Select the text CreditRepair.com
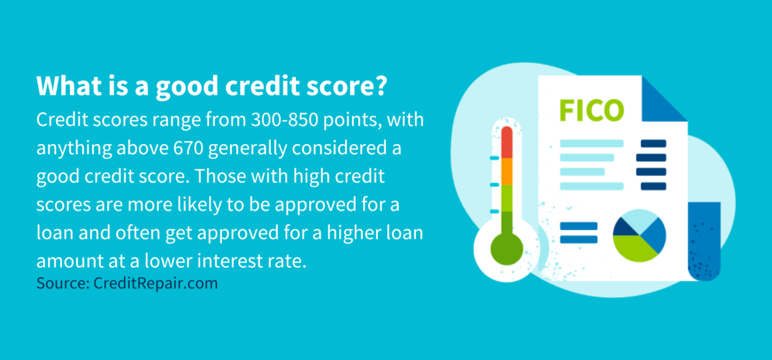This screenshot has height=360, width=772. point(156,283)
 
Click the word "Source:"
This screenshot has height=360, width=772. point(62,283)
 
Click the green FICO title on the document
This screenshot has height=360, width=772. point(591,110)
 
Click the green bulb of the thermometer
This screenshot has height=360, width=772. point(507,248)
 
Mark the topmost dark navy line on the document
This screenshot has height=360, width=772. point(653,144)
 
